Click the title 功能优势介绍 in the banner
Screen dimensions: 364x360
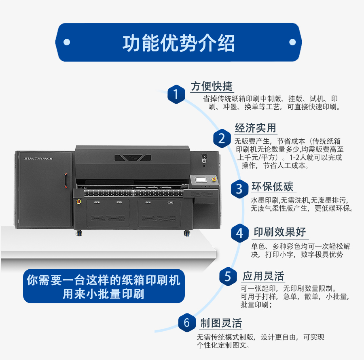[178, 43]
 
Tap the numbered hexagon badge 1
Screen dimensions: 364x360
[176, 94]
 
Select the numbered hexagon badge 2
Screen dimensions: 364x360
[222, 138]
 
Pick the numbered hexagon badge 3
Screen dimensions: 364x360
[239, 189]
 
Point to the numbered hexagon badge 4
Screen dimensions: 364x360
[239, 233]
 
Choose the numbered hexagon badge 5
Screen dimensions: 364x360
[228, 276]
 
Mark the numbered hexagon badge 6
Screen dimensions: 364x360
[187, 323]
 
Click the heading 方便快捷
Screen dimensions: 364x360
[212, 86]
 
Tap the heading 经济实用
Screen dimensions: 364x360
[255, 128]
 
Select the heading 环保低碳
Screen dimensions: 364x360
[273, 187]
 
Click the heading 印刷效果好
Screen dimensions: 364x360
[280, 232]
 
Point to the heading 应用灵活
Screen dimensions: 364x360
[263, 276]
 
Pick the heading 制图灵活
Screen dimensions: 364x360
[221, 323]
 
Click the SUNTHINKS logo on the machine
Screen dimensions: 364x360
[38, 158]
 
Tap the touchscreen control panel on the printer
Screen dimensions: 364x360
[200, 180]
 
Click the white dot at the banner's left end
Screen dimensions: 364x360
[67, 42]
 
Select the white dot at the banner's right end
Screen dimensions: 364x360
[292, 42]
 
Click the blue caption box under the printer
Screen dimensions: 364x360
[104, 286]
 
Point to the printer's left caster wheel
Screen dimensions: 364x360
[79, 233]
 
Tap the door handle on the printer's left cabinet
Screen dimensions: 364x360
[66, 181]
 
